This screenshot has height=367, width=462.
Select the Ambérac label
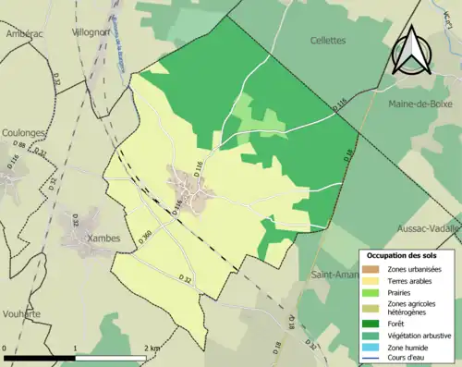(x=24, y=33)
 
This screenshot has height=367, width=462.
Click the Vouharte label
(x=20, y=314)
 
